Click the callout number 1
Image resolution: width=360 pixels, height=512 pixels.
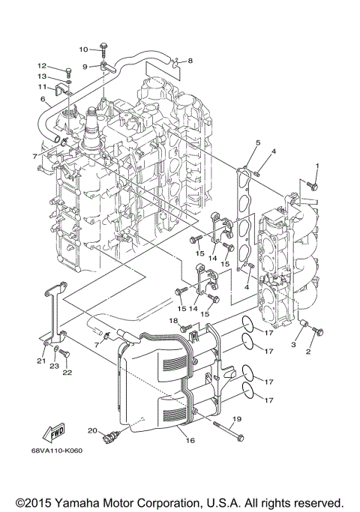[x=317, y=166]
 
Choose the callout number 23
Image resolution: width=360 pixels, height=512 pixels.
[x=54, y=367]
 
